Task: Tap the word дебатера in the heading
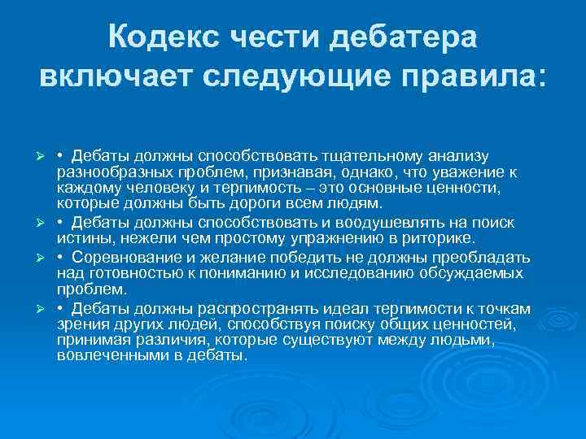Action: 407,37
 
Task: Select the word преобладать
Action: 481,258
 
